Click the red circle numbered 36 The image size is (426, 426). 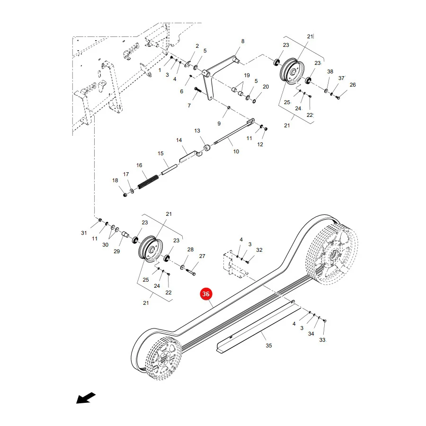(x=206, y=294)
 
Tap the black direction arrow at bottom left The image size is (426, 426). (x=86, y=398)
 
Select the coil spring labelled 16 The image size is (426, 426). (x=148, y=182)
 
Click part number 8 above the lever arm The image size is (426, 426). (x=243, y=41)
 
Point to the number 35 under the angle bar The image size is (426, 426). (x=269, y=346)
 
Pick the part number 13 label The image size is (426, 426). (x=197, y=131)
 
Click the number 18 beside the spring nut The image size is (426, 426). (x=115, y=180)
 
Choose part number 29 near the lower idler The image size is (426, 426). (x=116, y=251)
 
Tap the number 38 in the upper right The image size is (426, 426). (x=330, y=71)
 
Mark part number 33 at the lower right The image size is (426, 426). (x=322, y=340)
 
